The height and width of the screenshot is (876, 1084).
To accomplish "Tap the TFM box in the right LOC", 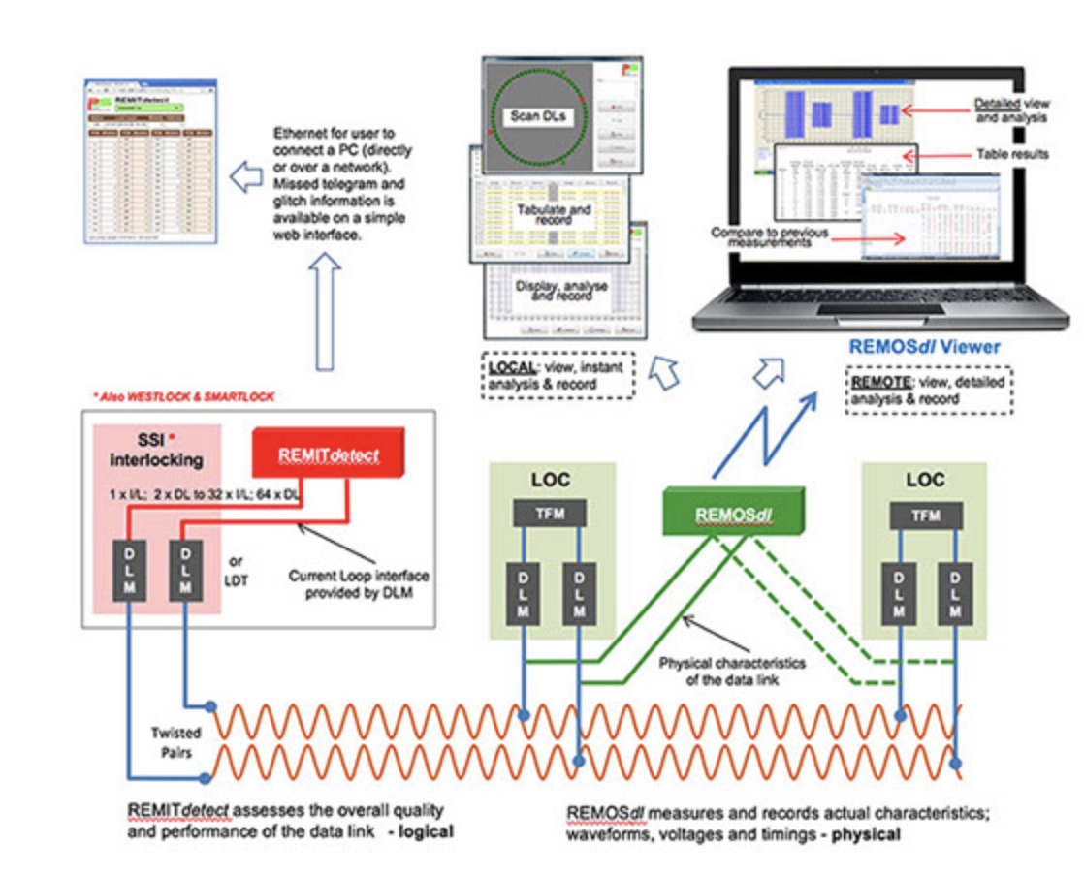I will coord(925,516).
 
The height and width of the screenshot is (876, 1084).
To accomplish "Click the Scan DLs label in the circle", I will coord(543,118).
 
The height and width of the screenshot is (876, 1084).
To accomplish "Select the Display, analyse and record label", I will coord(567,292).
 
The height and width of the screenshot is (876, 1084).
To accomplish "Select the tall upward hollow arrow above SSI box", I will coord(325,310).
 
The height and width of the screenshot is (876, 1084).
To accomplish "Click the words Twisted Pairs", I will coord(175,742).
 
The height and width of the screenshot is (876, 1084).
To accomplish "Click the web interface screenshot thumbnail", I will coord(151,165).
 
